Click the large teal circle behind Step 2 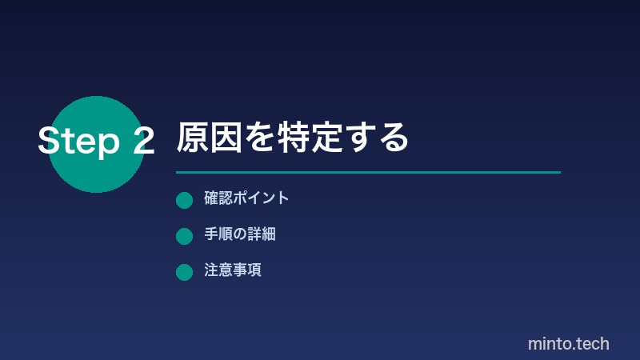pos(96,172)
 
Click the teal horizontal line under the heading pos(368,172)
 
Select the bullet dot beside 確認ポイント pos(184,200)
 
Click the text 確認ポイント pos(246,198)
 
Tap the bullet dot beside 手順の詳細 pos(184,236)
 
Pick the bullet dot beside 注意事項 pos(184,272)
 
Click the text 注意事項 pos(233,270)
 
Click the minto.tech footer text pos(568,343)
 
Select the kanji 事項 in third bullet pos(247,270)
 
